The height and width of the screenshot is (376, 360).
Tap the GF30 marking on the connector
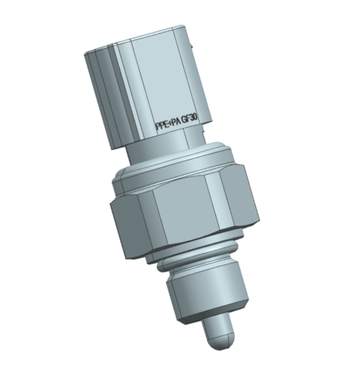(x=190, y=120)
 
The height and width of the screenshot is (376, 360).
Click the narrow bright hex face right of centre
(x=213, y=203)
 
